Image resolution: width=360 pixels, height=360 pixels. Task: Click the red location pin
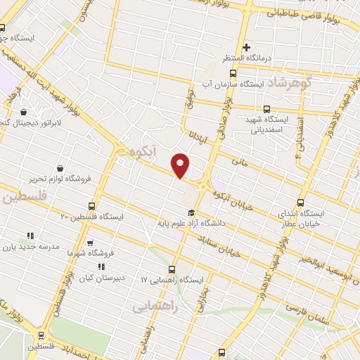[181, 165]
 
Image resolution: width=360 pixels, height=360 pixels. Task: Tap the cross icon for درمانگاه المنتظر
[246, 47]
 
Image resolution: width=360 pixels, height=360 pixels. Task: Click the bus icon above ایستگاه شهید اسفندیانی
[266, 109]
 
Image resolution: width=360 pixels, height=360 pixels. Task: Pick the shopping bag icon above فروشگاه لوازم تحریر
[60, 169]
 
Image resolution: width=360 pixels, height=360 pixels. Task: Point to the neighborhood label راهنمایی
[155, 307]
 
